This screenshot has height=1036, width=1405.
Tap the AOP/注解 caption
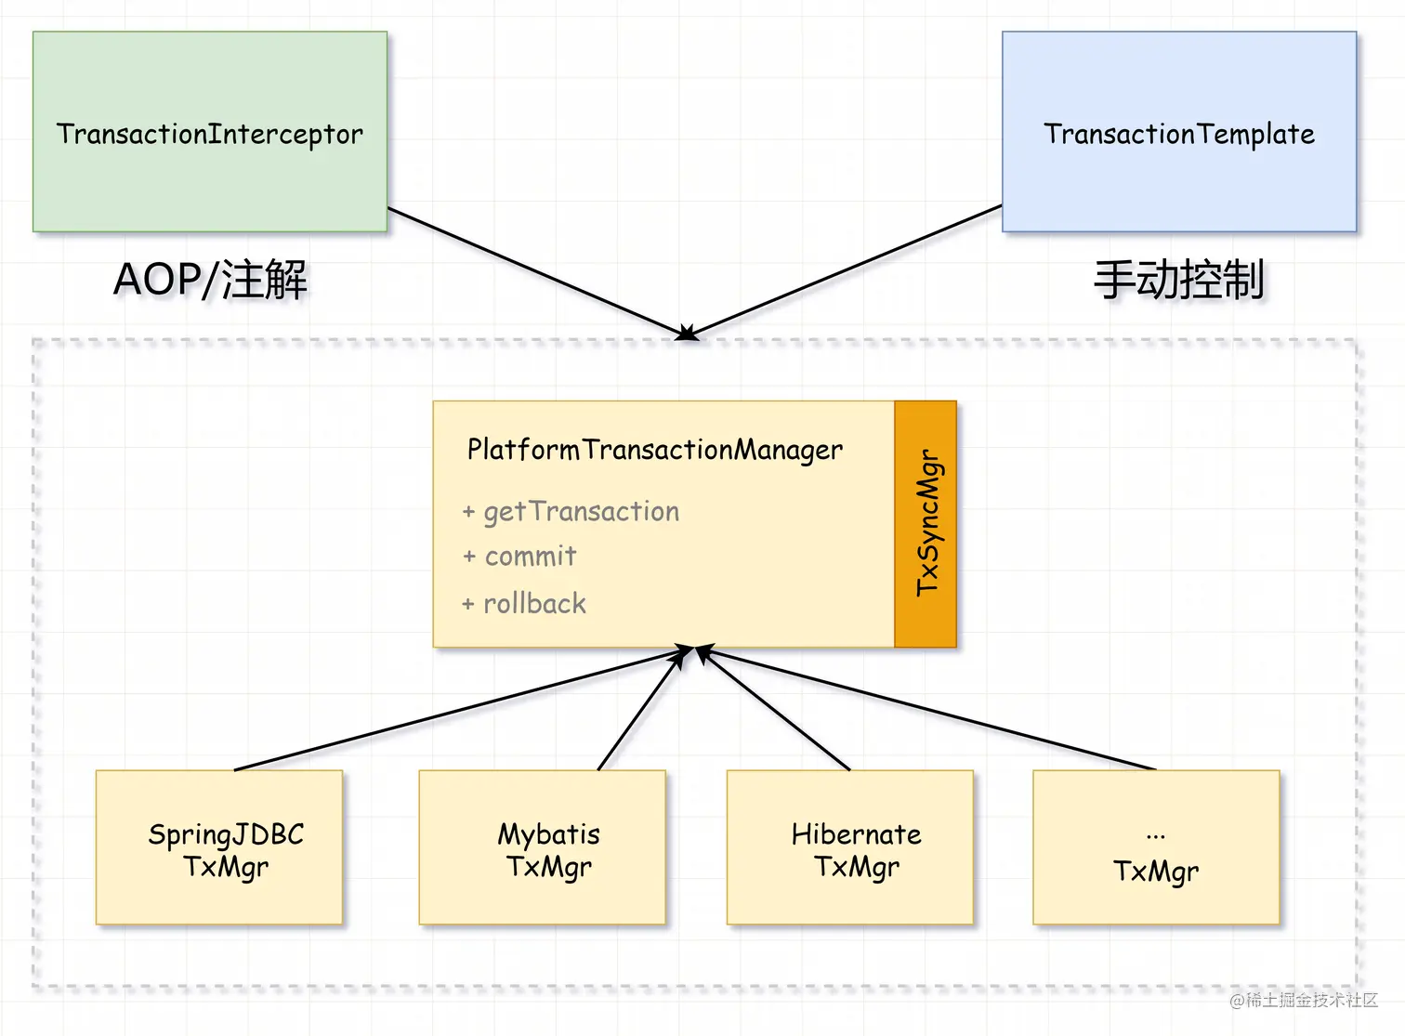210,280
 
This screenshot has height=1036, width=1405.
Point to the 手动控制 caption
1179,280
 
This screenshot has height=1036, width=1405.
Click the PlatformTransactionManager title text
655,450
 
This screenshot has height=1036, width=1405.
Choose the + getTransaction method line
571,512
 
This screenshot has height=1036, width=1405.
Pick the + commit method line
520,557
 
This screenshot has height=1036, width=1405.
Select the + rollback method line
525,604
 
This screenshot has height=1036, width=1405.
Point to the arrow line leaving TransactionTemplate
846,270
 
